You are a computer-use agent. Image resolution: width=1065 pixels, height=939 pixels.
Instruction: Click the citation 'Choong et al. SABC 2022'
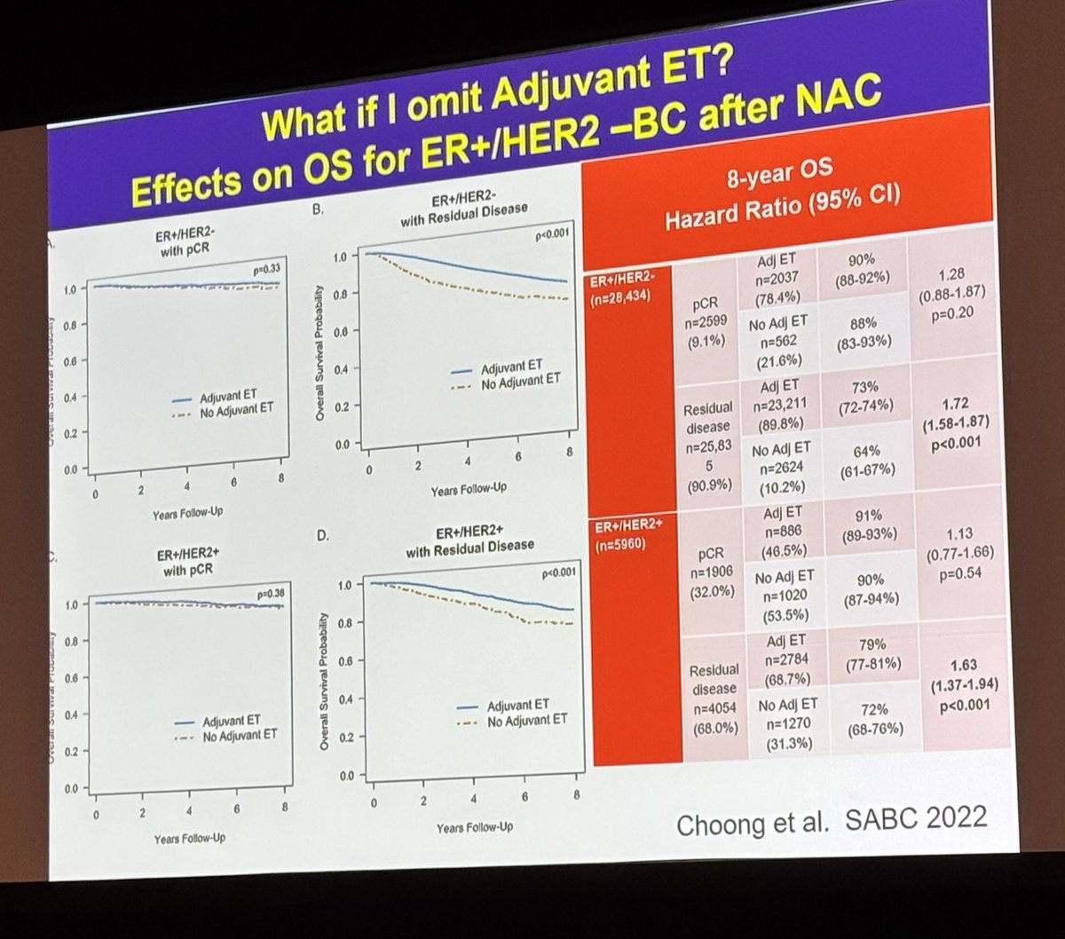coord(831,821)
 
